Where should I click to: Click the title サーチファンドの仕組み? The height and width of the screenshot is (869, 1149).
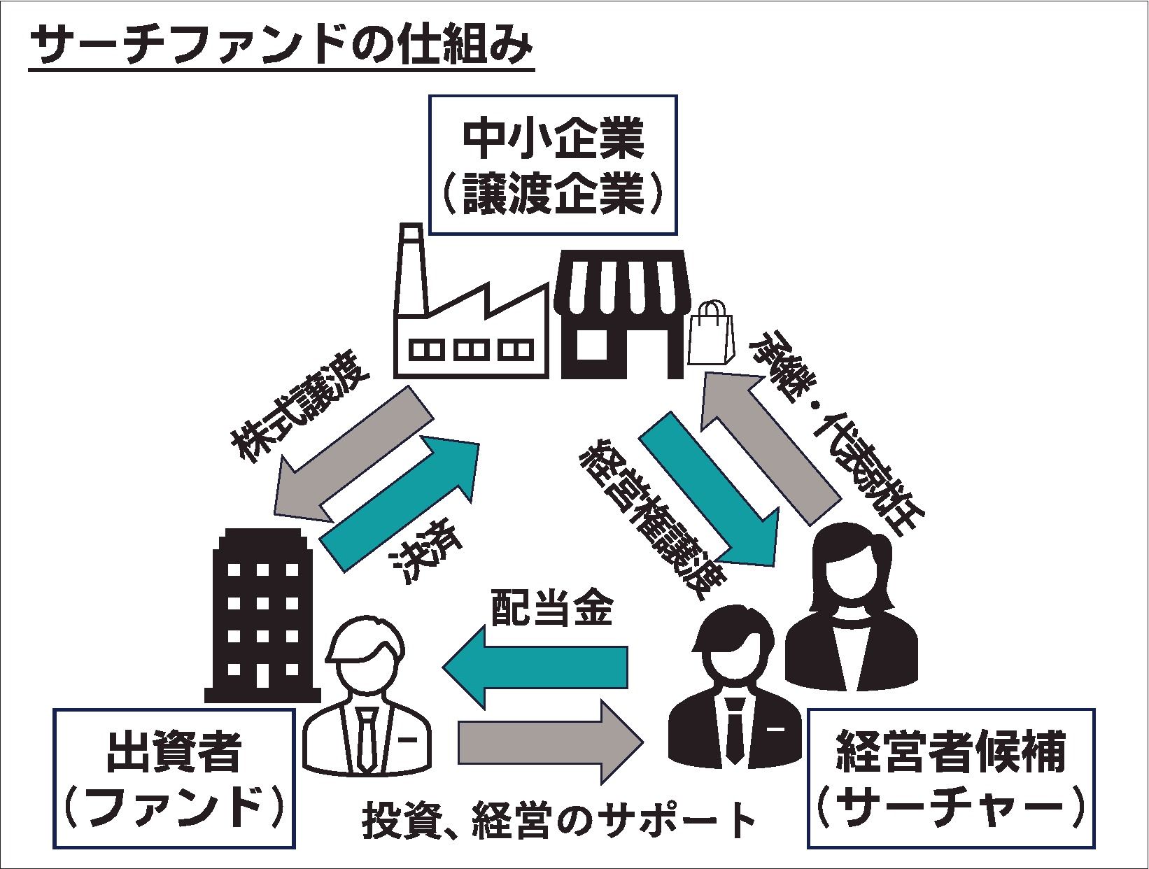point(280,48)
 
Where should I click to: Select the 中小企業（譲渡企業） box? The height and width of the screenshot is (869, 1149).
point(553,164)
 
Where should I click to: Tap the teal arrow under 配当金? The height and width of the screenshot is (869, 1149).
point(535,665)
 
